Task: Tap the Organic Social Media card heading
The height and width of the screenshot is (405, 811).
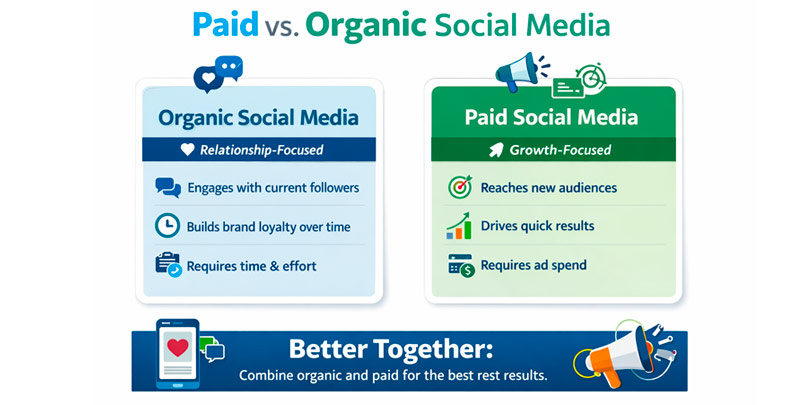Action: (258, 118)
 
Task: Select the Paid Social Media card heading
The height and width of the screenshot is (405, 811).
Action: (551, 118)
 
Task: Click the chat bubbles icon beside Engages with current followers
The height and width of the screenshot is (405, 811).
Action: (168, 188)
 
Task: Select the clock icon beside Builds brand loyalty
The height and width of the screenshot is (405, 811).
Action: (168, 226)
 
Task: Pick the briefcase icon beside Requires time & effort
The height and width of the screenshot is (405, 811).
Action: (168, 265)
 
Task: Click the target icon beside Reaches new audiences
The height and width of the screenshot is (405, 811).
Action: (459, 188)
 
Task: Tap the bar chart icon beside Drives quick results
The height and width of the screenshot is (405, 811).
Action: (459, 227)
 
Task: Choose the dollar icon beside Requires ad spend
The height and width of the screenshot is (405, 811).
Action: (460, 265)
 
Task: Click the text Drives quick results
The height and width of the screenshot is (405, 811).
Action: (537, 226)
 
